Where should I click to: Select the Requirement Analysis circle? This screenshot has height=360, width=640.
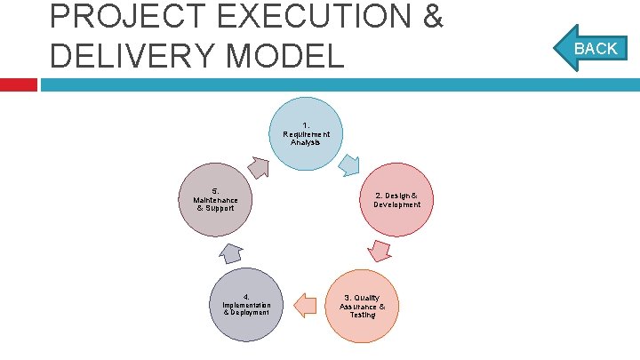tap(306, 133)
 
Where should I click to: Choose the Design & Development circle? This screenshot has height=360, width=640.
tap(397, 200)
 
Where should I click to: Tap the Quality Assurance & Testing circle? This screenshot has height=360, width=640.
tap(362, 306)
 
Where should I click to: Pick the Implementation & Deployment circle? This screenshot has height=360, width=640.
tap(246, 305)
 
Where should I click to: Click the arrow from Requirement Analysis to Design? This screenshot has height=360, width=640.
tap(350, 164)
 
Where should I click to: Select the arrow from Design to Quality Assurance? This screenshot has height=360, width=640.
tap(380, 250)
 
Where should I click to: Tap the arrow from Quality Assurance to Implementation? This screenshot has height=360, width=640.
tap(305, 305)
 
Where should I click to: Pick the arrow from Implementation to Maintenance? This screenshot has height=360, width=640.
tap(229, 252)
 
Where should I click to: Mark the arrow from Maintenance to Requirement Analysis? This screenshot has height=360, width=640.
tap(259, 166)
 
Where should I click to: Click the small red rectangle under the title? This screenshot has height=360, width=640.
tap(19, 84)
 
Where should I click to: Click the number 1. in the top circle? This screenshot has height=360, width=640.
tap(306, 125)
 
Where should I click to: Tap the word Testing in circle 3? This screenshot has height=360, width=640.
tap(362, 315)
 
